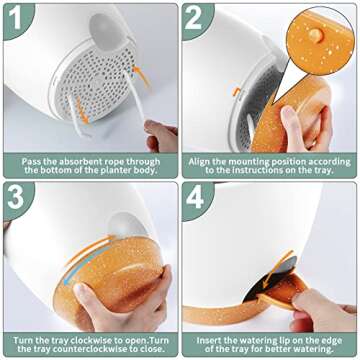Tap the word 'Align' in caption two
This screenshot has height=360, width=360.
(199, 162)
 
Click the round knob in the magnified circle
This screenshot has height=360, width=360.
(315, 35)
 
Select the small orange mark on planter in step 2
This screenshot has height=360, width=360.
(236, 91)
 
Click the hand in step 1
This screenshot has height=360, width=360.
(161, 136)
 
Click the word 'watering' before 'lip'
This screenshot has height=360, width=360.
(273, 341)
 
